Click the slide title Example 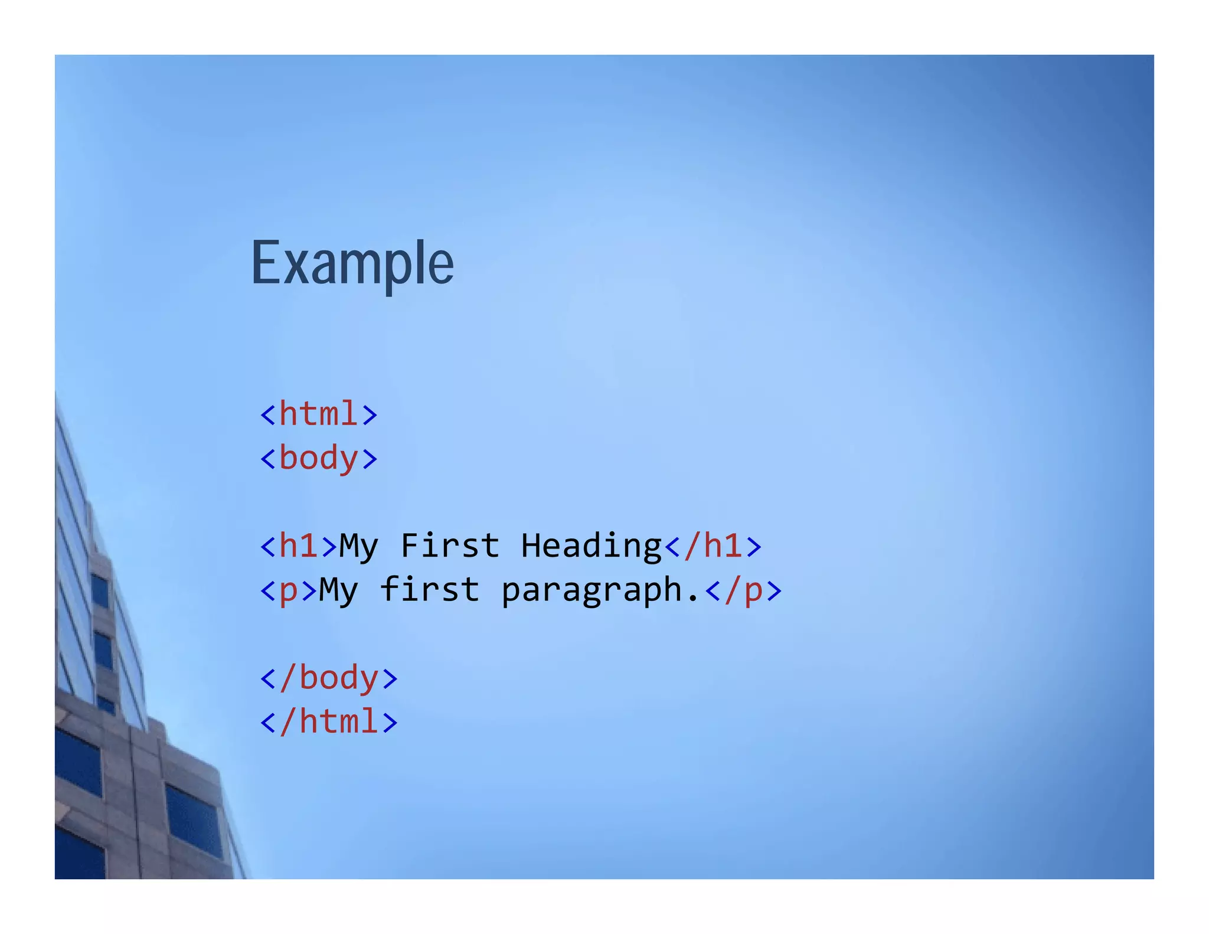(352, 263)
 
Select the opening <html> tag (319, 414)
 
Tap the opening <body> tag (319, 459)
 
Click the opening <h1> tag (299, 546)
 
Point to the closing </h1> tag (713, 546)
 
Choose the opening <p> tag (289, 590)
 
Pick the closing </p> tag (744, 590)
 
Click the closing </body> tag (329, 678)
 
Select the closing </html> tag (329, 722)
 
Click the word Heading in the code (592, 547)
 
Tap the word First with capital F (450, 546)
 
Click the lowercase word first (430, 590)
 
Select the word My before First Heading (358, 547)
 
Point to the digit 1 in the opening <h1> (309, 546)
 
